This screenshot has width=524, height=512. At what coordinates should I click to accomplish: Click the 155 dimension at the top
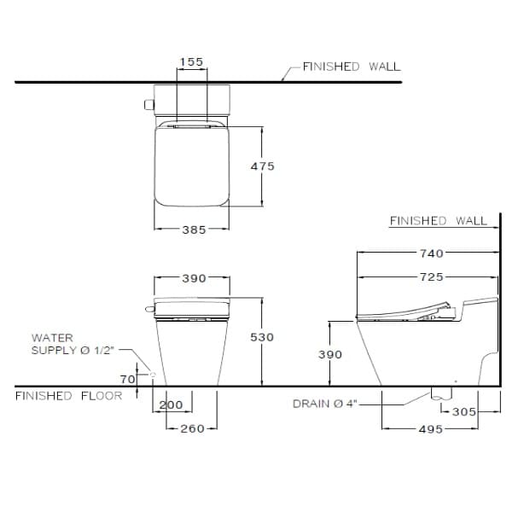coord(192,61)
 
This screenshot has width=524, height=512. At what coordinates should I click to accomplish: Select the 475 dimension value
coord(263,166)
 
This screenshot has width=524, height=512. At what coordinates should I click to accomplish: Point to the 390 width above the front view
coord(193,278)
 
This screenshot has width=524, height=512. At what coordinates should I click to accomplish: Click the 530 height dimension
coord(263,337)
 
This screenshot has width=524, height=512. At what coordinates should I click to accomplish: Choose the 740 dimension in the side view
coord(432,253)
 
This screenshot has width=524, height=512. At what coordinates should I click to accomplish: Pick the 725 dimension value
coord(432,278)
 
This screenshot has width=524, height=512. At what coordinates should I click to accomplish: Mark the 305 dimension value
coord(463,411)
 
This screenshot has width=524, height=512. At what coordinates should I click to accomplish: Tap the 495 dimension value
coord(432,429)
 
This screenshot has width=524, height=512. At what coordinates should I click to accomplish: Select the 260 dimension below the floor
coord(193,428)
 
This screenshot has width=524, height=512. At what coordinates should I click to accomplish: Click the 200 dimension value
coord(172,404)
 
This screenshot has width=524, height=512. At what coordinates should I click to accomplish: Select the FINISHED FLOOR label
coord(68,396)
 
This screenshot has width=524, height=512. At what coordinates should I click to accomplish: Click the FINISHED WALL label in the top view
coord(351,66)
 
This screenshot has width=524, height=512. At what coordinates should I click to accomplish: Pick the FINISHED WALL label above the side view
coord(438,221)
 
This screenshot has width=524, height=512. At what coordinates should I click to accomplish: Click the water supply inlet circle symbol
coord(152,375)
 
